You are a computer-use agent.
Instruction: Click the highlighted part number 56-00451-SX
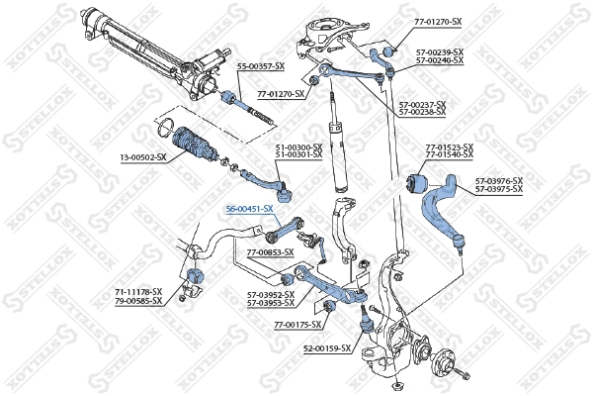[249, 209]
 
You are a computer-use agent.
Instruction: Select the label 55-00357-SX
[261, 65]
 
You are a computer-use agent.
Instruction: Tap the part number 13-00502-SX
[141, 157]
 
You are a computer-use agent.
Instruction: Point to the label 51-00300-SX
[298, 148]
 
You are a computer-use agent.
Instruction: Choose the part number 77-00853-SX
[270, 253]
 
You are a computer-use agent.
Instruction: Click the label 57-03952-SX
[270, 294]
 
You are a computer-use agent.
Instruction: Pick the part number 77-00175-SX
[298, 324]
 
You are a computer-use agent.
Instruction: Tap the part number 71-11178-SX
[137, 292]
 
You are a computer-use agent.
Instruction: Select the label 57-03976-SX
[498, 180]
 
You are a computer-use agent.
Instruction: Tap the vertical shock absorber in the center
[336, 148]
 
